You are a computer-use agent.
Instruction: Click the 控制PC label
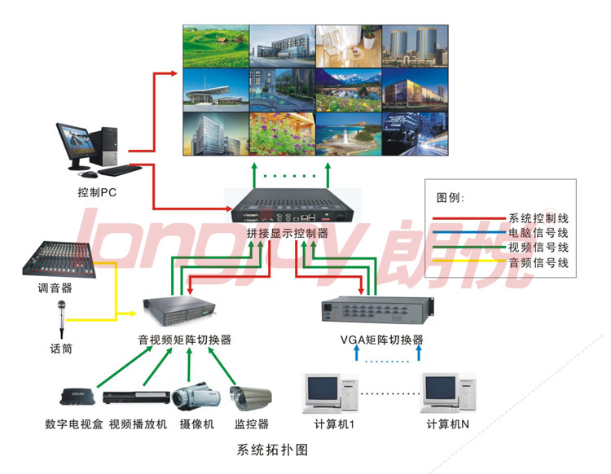(x=97, y=194)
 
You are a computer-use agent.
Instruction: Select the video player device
(x=136, y=397)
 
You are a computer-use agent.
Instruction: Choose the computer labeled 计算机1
(x=329, y=393)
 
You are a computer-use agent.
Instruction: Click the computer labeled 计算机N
(x=447, y=393)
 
